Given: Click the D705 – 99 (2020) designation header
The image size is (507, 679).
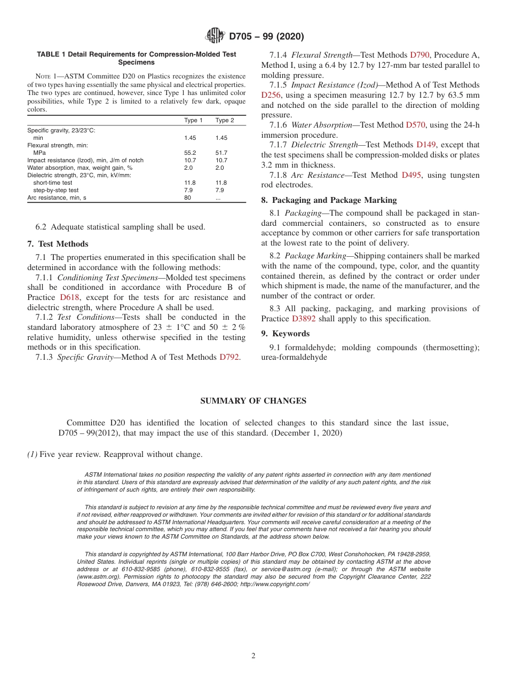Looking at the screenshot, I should point(266,37).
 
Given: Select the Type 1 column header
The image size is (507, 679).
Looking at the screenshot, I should point(193,120).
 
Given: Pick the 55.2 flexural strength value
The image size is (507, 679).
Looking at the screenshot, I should point(190,153).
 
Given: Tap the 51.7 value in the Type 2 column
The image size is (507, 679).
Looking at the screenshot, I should point(221,153).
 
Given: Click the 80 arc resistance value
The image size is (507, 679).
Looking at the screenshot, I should point(187,198).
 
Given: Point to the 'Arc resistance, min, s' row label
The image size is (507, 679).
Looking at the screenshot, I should point(57,198).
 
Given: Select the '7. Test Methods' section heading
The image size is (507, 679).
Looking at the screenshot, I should point(58,244).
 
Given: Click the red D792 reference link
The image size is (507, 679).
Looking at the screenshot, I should point(229,357).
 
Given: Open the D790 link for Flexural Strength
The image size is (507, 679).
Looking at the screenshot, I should point(419,55).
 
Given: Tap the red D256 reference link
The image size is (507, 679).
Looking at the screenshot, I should point(271,95).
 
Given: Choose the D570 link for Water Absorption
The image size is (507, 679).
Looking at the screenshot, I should point(415,125).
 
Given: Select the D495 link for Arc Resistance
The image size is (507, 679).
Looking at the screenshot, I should point(411,175).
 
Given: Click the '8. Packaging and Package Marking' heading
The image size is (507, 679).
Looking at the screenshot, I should point(329,200).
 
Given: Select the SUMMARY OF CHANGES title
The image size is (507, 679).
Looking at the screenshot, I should point(253,401).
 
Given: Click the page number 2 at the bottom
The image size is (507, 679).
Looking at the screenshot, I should point(253,656).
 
